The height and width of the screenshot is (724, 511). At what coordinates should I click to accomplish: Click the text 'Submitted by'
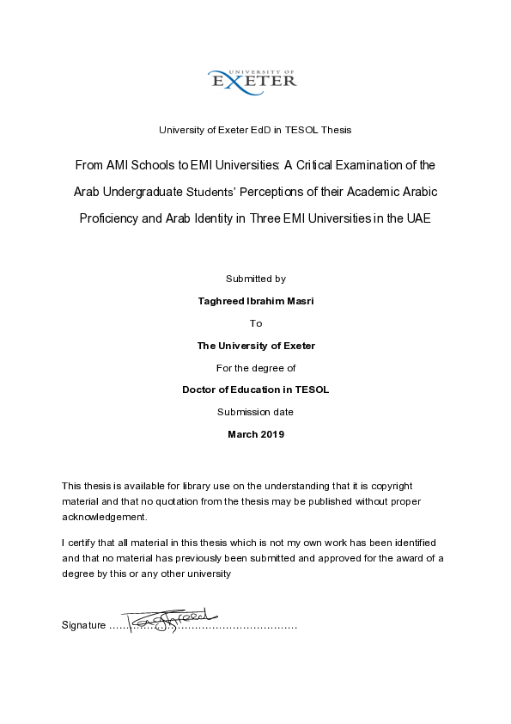[x=255, y=279]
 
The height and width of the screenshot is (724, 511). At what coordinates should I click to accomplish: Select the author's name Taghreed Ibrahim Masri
[x=255, y=301]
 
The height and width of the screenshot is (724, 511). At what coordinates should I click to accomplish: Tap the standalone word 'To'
[x=255, y=323]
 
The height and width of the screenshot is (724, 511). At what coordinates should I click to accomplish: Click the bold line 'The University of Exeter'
[x=255, y=346]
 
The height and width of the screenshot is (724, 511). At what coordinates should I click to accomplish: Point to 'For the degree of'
[x=255, y=368]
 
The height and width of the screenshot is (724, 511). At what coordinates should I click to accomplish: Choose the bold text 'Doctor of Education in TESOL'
[x=255, y=390]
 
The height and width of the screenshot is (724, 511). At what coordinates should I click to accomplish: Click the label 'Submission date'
[x=255, y=412]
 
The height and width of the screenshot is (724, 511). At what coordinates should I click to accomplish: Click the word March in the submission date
[x=242, y=434]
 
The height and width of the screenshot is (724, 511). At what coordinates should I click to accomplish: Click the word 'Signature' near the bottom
[x=83, y=624]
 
